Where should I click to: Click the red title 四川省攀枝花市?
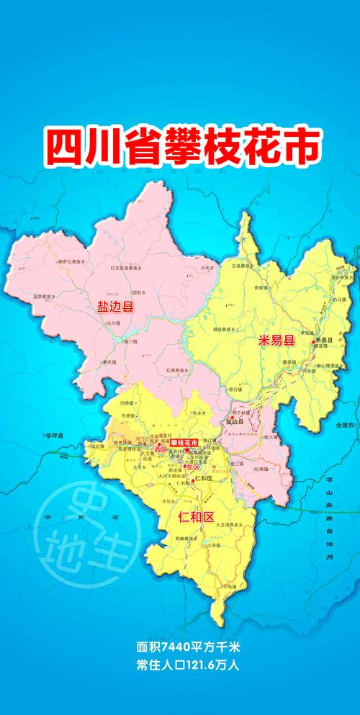[180, 143]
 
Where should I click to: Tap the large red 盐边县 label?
[116, 307]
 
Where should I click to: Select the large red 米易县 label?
[278, 341]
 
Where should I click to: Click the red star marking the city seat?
[187, 450]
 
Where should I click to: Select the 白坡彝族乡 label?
[245, 266]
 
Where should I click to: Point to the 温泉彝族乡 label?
[47, 296]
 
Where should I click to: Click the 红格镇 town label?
[260, 469]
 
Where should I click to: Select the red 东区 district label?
[192, 467]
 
